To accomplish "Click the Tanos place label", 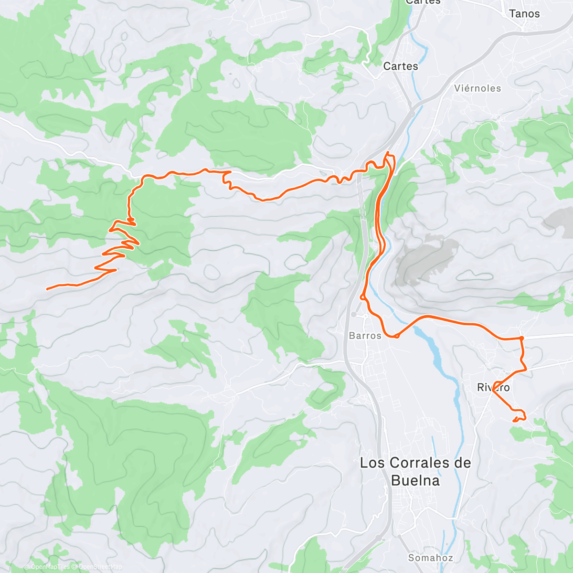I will coord(524,14).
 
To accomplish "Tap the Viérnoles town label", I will coord(477,88).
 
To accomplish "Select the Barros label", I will coord(365,336).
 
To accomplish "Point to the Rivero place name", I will coord(493,387).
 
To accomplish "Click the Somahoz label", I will coord(430,558).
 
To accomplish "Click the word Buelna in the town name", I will coord(415,480).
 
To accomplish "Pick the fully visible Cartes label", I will coord(401,66).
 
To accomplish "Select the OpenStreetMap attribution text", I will coord(98,567).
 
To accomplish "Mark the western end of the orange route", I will coord(47,288).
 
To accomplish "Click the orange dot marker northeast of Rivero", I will coord(521,338).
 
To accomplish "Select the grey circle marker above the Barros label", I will coord(353,314).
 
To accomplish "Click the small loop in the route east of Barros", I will coord(396,336).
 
